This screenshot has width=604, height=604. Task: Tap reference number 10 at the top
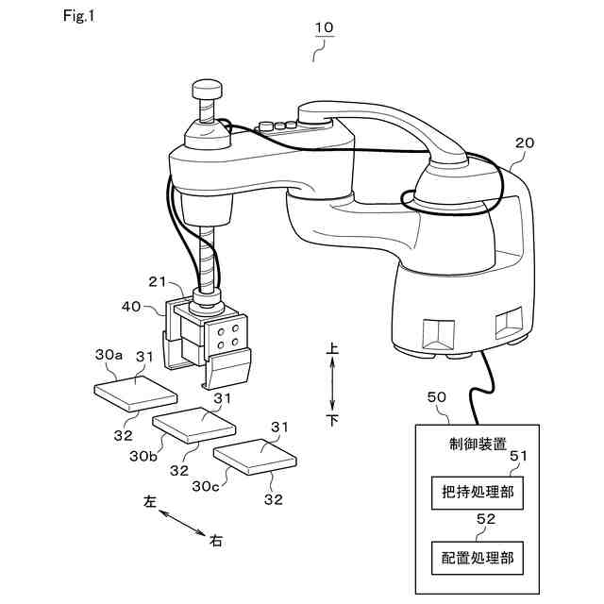point(323,28)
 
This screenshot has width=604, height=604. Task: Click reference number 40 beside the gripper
point(134,305)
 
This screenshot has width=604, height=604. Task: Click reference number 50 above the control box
point(438,399)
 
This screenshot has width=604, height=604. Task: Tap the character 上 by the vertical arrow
point(332,349)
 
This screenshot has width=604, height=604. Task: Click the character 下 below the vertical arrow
point(332,419)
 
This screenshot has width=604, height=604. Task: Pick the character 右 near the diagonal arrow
point(216,541)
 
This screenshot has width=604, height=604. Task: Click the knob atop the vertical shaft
point(207,90)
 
